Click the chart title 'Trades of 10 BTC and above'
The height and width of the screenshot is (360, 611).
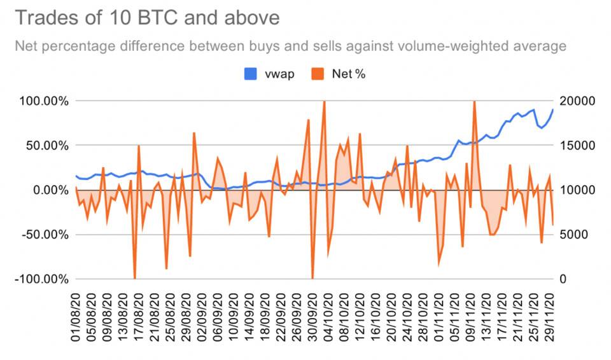pos(146,18)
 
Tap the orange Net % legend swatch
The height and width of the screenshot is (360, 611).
pos(318,74)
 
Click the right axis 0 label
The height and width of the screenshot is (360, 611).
pos(565,279)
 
